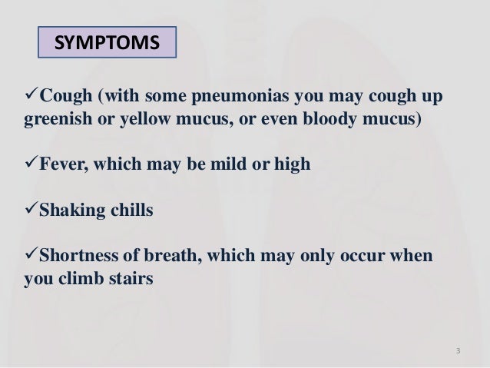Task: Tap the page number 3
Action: [x=457, y=352]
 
